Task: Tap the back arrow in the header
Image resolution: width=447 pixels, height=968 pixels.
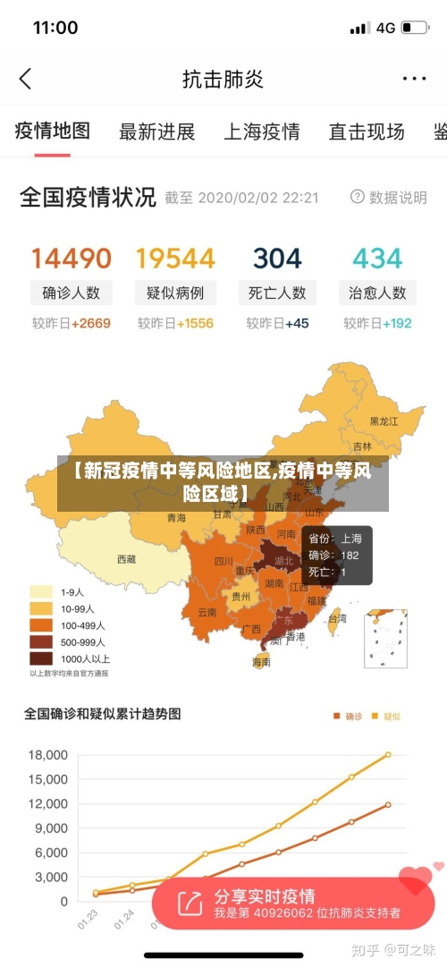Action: [25, 79]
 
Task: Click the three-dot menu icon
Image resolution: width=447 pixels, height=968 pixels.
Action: [414, 79]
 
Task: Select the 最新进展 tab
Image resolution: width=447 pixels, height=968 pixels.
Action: [157, 132]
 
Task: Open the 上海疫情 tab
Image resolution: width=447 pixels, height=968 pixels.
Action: [261, 132]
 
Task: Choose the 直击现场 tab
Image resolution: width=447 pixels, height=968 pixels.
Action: [366, 132]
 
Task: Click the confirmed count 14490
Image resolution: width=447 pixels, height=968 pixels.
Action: [72, 259]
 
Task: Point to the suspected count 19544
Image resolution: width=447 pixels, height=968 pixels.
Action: [175, 259]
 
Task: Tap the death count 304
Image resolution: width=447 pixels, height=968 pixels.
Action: [277, 259]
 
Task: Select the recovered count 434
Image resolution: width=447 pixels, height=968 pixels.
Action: [377, 259]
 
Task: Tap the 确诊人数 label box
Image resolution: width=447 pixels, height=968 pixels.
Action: [72, 293]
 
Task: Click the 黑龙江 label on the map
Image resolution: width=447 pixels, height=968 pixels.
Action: [386, 420]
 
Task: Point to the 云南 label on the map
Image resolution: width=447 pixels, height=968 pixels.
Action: [207, 613]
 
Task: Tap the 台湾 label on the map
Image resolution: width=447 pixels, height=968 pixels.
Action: [337, 618]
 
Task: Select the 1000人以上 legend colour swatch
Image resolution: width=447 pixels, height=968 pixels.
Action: [41, 658]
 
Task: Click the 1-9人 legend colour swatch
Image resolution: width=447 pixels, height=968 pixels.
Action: [41, 591]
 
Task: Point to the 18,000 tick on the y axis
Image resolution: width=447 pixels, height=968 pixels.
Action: [48, 755]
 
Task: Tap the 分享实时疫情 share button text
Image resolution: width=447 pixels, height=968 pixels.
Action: [264, 896]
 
